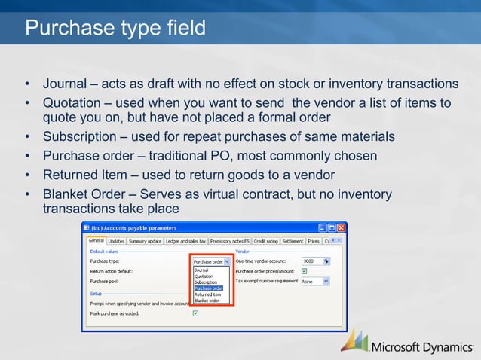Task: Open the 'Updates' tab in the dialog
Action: (x=116, y=241)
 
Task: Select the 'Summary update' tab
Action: (x=145, y=241)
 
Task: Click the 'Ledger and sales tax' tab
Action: (x=185, y=241)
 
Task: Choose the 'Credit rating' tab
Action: (x=266, y=241)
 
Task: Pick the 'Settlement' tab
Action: (x=293, y=241)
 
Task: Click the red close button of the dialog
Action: (x=341, y=227)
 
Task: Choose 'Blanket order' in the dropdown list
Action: (x=207, y=301)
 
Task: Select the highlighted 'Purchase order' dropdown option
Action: (x=208, y=288)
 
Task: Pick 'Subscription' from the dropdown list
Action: (x=206, y=282)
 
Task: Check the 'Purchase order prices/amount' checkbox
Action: (x=305, y=271)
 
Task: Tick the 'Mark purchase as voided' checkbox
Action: (x=195, y=313)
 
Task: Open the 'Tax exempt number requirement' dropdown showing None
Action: (x=315, y=281)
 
